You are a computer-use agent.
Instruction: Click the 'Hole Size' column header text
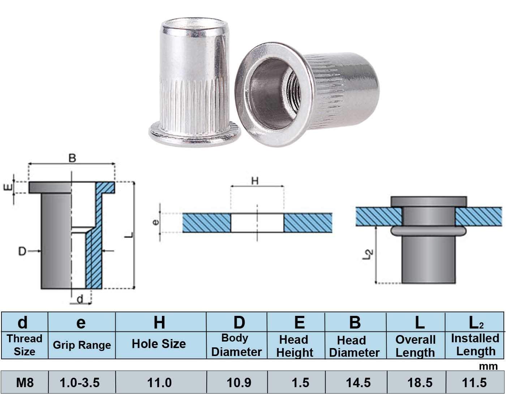tap(159, 344)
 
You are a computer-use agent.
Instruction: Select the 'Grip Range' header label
tap(82, 345)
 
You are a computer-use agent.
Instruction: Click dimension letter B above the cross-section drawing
tap(72, 158)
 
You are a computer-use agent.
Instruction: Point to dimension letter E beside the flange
tap(10, 187)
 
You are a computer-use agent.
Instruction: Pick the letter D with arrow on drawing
tap(22, 251)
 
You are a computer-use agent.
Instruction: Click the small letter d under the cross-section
tap(80, 298)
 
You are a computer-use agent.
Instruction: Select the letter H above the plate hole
tap(255, 181)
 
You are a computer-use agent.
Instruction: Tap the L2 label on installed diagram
tap(367, 255)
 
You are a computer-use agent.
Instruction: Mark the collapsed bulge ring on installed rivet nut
tap(429, 232)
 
